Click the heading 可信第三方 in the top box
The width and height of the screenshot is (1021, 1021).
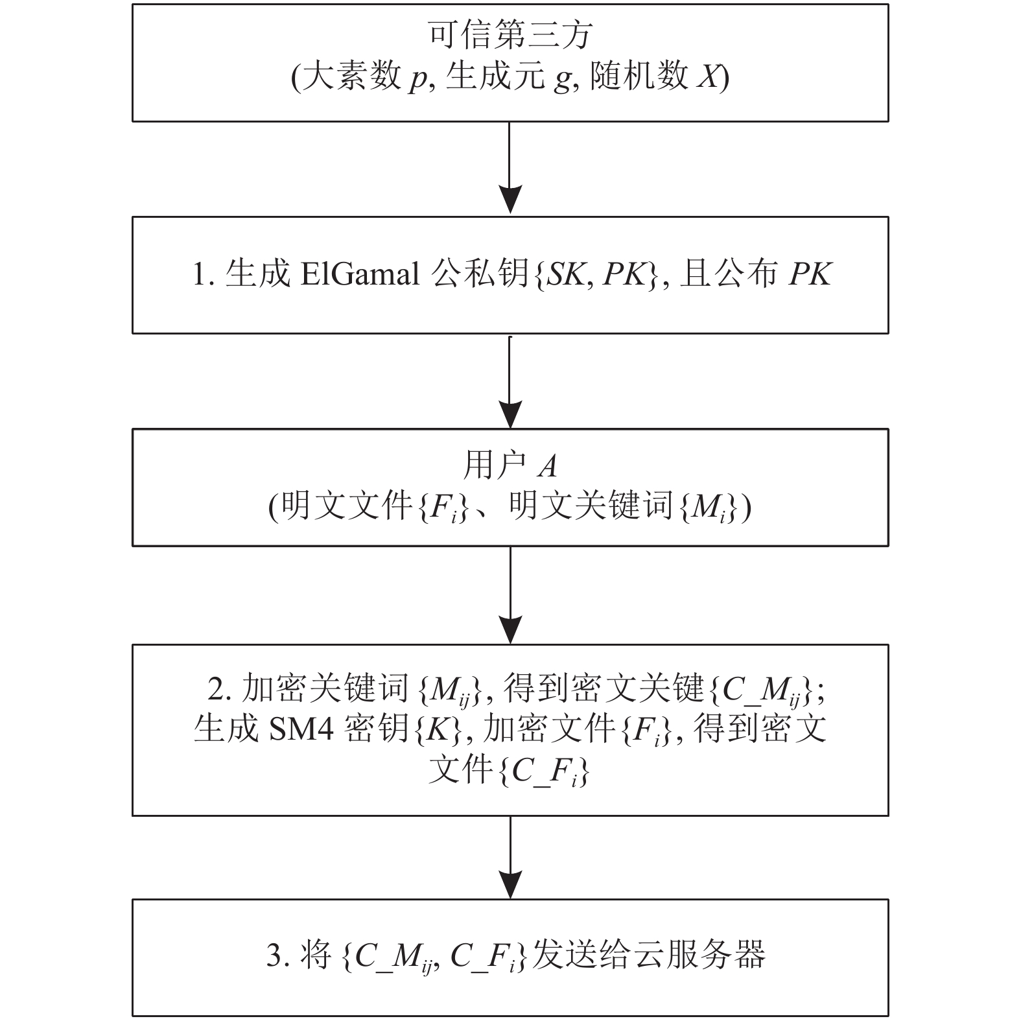coord(510,35)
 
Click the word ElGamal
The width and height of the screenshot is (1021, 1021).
coord(360,274)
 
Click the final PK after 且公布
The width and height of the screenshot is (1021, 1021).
coord(810,275)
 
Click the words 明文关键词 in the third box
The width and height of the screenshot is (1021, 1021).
coord(592,506)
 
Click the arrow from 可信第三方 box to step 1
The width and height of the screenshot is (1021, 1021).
coord(510,167)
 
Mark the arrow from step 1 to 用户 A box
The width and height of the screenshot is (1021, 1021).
coord(510,381)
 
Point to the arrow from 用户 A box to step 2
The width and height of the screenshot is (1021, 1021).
coord(510,594)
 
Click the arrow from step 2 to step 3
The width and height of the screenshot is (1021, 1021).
coord(510,856)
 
